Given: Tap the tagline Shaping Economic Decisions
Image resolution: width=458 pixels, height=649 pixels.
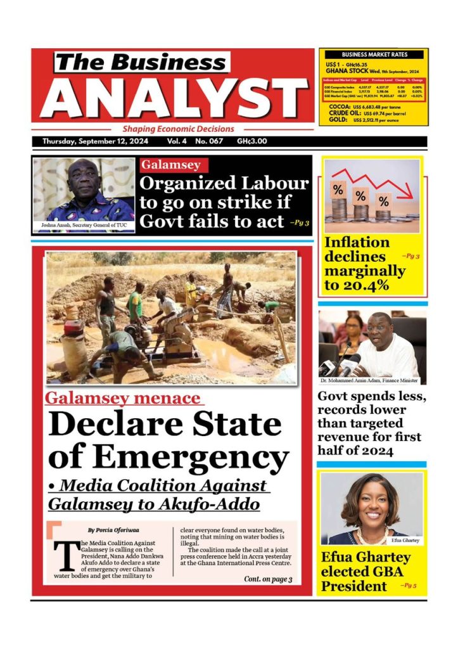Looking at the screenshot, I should (178, 129).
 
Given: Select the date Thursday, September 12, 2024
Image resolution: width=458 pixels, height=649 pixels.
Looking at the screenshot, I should (95, 141).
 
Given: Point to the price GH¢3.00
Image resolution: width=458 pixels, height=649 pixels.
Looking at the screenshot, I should (251, 141).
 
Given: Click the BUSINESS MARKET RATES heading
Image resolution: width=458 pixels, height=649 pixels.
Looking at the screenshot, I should (374, 55).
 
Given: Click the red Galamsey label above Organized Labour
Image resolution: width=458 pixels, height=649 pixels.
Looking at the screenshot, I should (170, 165).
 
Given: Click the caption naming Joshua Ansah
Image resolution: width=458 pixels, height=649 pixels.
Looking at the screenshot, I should (83, 226).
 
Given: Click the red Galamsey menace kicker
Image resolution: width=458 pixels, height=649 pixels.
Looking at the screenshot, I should (124, 399).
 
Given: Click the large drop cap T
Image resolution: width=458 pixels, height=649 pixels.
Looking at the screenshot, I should (63, 555).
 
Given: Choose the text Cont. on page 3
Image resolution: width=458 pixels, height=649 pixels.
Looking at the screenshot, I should (267, 579).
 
